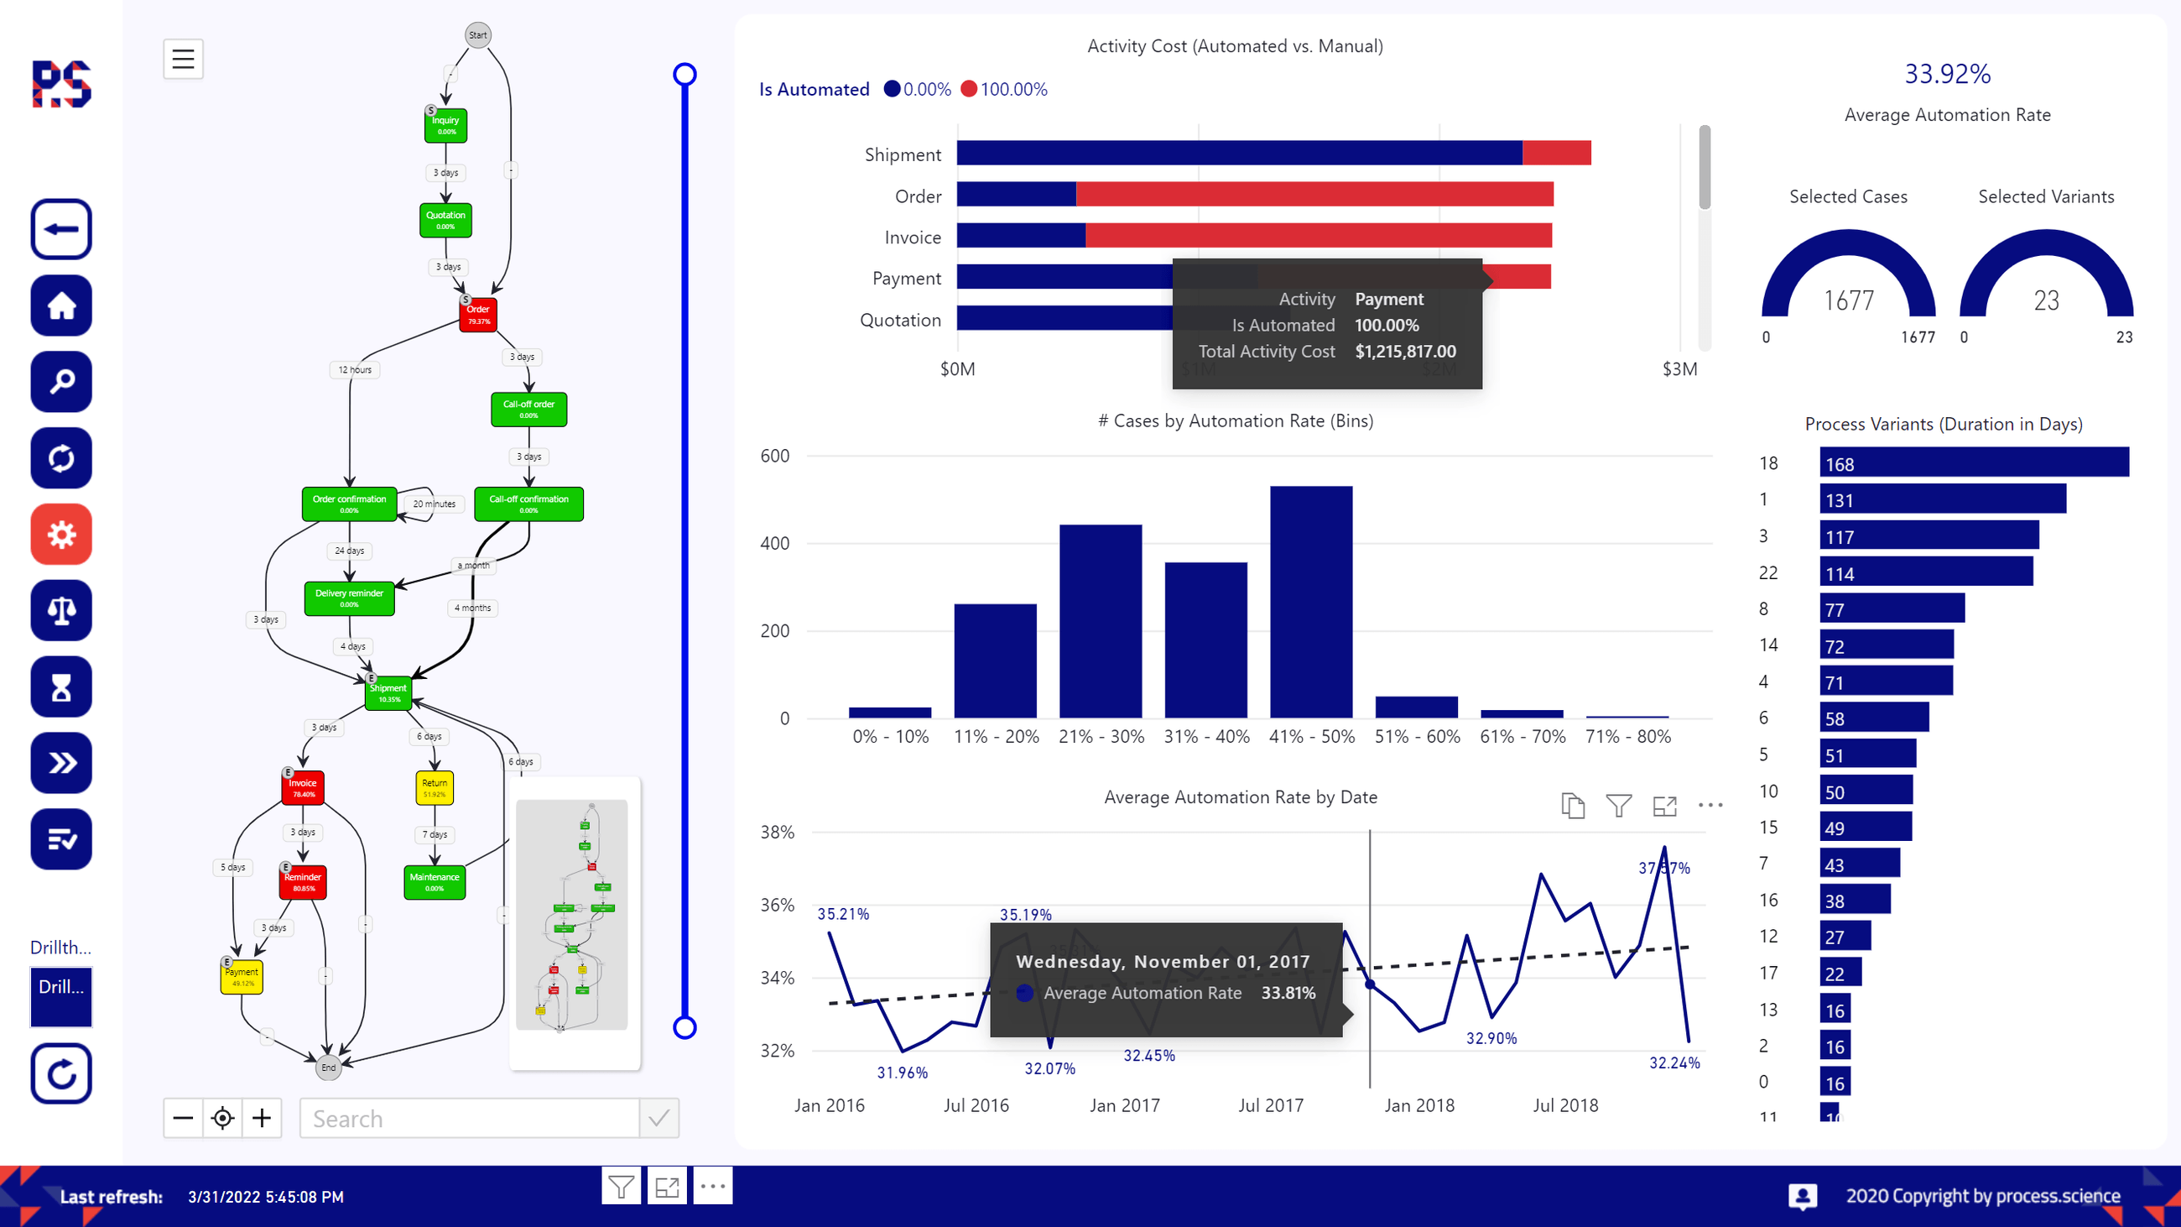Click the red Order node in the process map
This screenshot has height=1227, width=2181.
click(477, 315)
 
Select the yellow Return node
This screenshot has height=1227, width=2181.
click(435, 787)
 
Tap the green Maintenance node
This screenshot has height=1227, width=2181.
click(435, 881)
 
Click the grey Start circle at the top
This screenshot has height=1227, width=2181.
click(477, 35)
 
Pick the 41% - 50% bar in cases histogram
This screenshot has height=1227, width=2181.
click(1310, 601)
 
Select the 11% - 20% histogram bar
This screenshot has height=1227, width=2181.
click(995, 660)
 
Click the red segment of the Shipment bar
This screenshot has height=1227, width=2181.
click(1556, 154)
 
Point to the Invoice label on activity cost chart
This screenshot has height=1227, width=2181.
click(912, 238)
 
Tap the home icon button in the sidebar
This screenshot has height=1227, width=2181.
click(61, 305)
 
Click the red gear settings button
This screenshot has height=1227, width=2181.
click(61, 535)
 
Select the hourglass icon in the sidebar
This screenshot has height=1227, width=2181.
click(61, 687)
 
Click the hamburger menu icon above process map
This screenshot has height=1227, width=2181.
click(183, 60)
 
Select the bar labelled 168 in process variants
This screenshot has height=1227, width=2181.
click(1973, 463)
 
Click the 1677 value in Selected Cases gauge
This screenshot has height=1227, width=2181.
click(1848, 300)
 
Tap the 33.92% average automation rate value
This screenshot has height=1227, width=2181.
click(1946, 75)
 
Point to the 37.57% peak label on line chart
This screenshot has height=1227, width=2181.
click(1663, 868)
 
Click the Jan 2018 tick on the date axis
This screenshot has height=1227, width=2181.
click(1419, 1105)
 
